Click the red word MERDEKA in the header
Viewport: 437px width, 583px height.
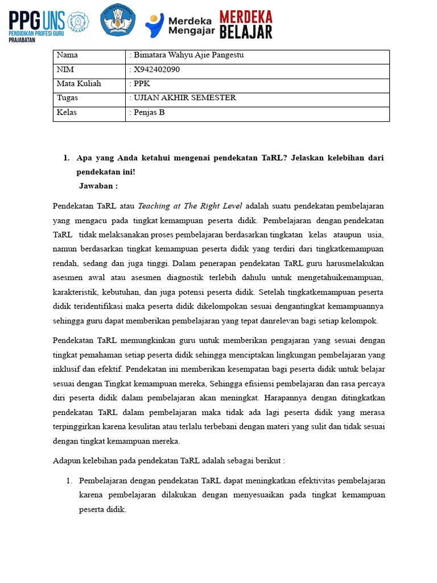[x=245, y=17]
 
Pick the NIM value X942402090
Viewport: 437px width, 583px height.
[x=156, y=69]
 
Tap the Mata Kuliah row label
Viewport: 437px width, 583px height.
[x=79, y=84]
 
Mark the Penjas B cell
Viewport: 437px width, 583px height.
[x=149, y=112]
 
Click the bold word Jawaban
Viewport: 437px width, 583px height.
[x=98, y=186]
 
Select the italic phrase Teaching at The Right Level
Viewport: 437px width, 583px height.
[x=190, y=206]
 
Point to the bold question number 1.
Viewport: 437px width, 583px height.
[x=66, y=158]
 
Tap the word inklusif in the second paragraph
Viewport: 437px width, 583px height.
[x=67, y=368]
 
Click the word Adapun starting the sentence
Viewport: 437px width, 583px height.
[x=68, y=460]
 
